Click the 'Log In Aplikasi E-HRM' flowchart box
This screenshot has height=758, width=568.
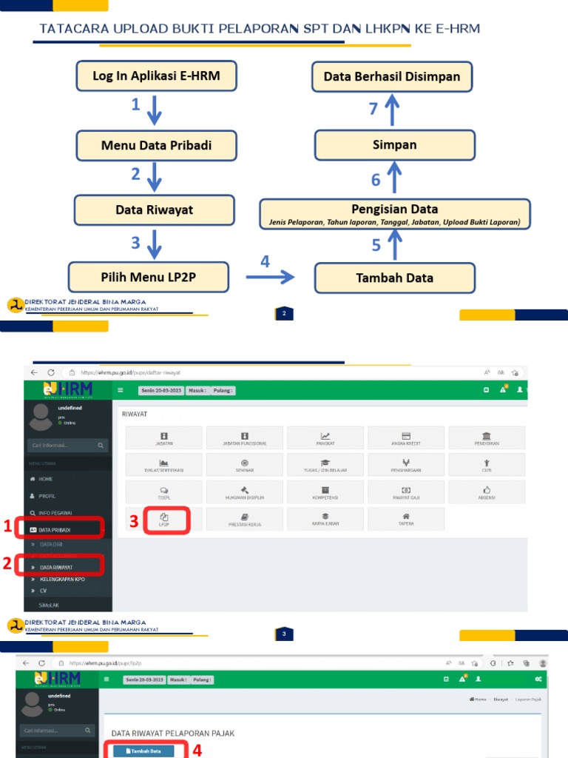(156, 76)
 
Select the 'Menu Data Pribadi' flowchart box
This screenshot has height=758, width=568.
(156, 145)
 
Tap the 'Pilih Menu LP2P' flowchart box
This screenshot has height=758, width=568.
(153, 278)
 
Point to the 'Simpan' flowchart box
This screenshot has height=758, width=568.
(394, 145)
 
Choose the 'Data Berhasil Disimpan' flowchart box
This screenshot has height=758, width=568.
(392, 76)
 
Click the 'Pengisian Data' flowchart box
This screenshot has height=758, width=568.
(394, 213)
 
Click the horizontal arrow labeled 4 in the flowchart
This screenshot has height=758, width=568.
(269, 277)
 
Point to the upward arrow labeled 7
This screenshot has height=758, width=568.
(392, 110)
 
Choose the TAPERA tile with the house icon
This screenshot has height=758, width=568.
(406, 518)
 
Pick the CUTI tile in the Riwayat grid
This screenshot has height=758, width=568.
(487, 465)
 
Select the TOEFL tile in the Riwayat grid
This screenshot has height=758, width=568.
(164, 492)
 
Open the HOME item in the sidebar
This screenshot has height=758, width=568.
(46, 480)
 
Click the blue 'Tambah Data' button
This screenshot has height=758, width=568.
(143, 751)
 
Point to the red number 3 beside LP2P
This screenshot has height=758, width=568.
(134, 522)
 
